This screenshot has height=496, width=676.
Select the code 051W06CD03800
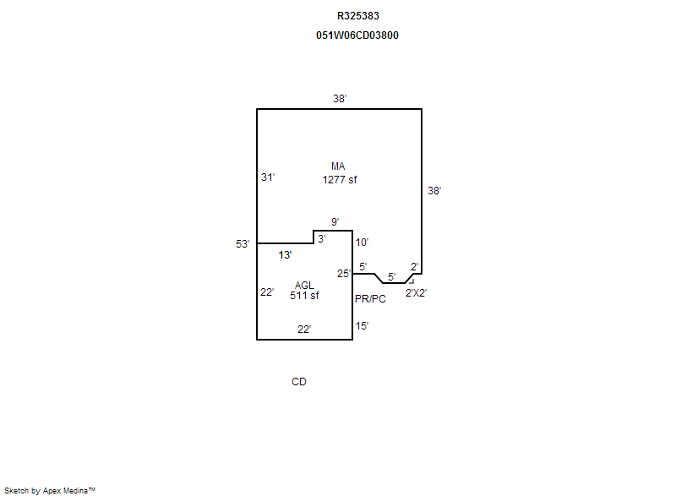(x=357, y=35)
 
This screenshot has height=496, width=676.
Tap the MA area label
(x=338, y=166)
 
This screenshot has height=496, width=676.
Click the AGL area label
(x=304, y=285)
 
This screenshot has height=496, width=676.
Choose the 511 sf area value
(x=304, y=296)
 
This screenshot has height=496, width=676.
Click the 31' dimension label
(x=268, y=177)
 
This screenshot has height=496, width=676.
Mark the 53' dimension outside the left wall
(x=243, y=244)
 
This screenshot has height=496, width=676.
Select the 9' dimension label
(x=335, y=222)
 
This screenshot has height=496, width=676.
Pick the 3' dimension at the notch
(x=321, y=239)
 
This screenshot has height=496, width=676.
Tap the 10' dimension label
(x=362, y=243)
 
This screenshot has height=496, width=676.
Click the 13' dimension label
(x=285, y=254)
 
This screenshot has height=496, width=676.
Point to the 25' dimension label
(x=343, y=273)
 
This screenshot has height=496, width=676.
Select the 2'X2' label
(x=417, y=293)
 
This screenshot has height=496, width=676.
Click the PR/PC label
(x=369, y=299)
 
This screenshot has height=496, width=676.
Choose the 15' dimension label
(x=362, y=325)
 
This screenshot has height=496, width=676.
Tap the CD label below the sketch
(x=299, y=382)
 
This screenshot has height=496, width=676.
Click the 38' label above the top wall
(x=340, y=99)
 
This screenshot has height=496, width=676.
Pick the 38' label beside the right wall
(x=434, y=191)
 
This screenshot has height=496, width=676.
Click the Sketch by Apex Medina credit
(x=50, y=490)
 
